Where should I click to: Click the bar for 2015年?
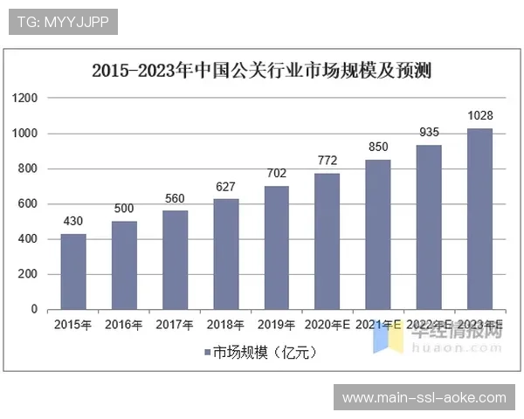pos(73,271)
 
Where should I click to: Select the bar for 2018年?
pos(225,254)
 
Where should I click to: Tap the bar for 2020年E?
pos(327,241)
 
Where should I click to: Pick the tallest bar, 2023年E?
pos(479,218)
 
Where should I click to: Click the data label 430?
pos(73,221)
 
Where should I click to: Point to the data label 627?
pos(225,186)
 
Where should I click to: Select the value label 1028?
pos(479,116)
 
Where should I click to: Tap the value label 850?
pos(378,147)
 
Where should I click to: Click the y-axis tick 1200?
pos(25,99)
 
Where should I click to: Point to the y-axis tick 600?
pos(28,204)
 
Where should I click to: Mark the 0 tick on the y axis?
pos(34,309)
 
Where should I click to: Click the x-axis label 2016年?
pos(124,326)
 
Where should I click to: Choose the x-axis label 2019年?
pos(276,326)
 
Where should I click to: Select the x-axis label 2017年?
pos(175,326)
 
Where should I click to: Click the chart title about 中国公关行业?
pos(262,70)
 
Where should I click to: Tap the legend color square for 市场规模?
pos(207,353)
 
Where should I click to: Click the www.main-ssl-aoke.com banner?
pos(424,398)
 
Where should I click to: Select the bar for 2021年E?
pos(378,234)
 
